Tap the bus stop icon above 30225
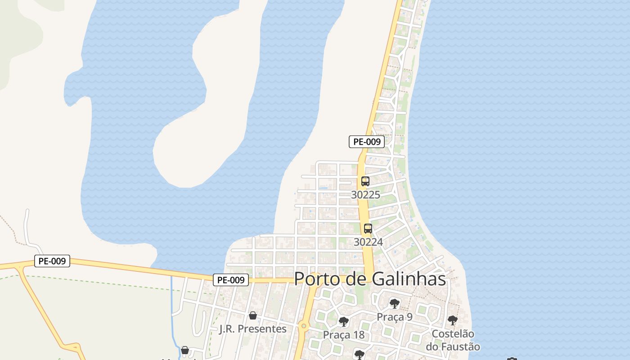coord(365,181)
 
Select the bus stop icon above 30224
coord(368,228)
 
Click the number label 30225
coord(365,195)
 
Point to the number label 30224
coord(368,242)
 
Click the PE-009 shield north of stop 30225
coord(367,142)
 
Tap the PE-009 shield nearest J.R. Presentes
coord(231,280)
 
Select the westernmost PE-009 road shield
coord(52,261)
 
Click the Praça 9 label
coord(394,317)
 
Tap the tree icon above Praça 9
coord(395,304)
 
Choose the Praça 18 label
coord(344,335)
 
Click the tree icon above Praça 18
coord(344,322)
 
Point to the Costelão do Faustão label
coord(453,340)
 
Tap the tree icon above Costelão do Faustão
coord(453,320)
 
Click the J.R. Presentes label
coord(252,329)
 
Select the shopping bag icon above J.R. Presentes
coord(253,315)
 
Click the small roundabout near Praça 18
coord(304,326)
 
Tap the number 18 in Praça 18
coord(359,335)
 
